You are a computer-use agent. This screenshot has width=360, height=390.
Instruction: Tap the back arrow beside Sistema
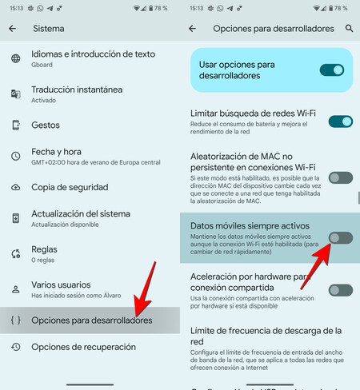click(12, 28)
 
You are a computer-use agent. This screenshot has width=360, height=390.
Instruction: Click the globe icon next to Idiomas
click(15, 59)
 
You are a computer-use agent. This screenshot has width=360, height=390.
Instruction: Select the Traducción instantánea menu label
click(77, 90)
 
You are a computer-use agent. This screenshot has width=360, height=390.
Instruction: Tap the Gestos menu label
click(46, 125)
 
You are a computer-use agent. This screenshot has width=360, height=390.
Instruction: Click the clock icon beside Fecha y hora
click(15, 156)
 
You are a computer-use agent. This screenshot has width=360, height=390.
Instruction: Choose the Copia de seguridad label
click(71, 186)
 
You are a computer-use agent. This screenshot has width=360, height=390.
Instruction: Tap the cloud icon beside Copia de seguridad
click(15, 186)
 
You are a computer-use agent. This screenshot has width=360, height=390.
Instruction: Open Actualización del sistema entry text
click(80, 213)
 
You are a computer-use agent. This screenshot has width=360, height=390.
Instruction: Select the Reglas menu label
click(44, 249)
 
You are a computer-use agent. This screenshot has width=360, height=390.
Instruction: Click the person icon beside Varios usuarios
click(15, 289)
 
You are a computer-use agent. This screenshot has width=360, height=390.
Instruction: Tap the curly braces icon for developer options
click(15, 320)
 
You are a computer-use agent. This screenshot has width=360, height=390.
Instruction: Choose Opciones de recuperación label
click(83, 347)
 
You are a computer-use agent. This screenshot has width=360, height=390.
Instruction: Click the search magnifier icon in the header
click(349, 28)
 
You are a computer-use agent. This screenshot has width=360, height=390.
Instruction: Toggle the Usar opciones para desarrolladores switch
click(331, 70)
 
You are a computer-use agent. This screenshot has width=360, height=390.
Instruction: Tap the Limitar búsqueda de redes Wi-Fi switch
click(340, 121)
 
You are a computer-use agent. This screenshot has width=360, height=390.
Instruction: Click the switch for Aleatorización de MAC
click(340, 177)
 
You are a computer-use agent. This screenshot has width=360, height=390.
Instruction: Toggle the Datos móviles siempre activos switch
click(340, 237)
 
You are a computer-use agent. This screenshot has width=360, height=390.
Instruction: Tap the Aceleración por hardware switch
click(340, 290)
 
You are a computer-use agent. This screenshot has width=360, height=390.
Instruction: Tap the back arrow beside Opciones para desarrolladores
click(192, 28)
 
